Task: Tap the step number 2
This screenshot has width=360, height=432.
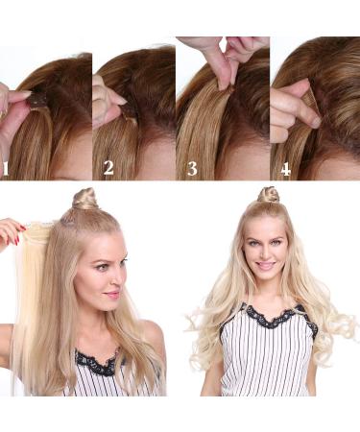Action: (x=108, y=169)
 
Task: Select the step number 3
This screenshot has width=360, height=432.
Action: (x=191, y=170)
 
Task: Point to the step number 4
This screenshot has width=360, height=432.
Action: (x=284, y=170)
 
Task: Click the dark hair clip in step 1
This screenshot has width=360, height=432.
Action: (x=38, y=99)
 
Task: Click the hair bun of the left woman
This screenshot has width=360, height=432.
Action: (x=85, y=200)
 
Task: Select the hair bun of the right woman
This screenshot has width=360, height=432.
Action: (x=269, y=195)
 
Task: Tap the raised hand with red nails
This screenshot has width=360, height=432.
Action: (x=12, y=231)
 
